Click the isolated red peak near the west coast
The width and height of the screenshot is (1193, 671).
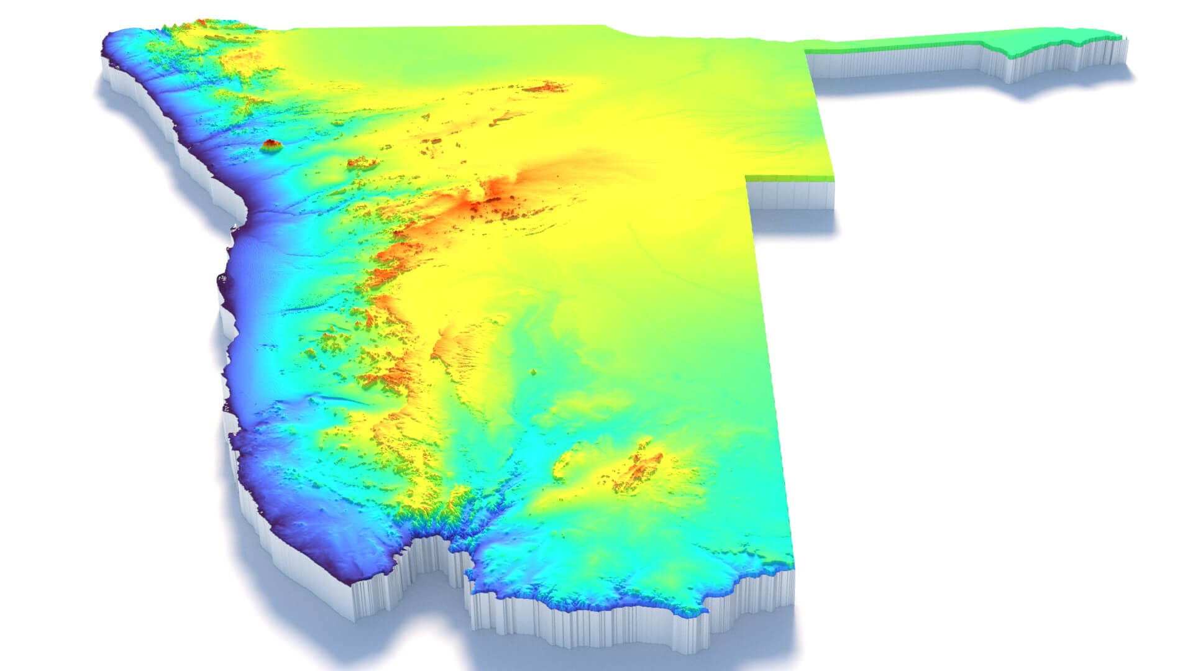[x=272, y=145]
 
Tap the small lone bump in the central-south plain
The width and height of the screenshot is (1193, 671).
[x=533, y=372]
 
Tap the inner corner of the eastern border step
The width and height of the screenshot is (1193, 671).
[x=747, y=178]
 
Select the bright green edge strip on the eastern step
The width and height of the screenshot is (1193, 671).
[x=789, y=178]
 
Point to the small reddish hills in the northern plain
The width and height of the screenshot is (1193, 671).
[x=547, y=86]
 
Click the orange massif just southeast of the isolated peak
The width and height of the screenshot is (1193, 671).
[x=362, y=163]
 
